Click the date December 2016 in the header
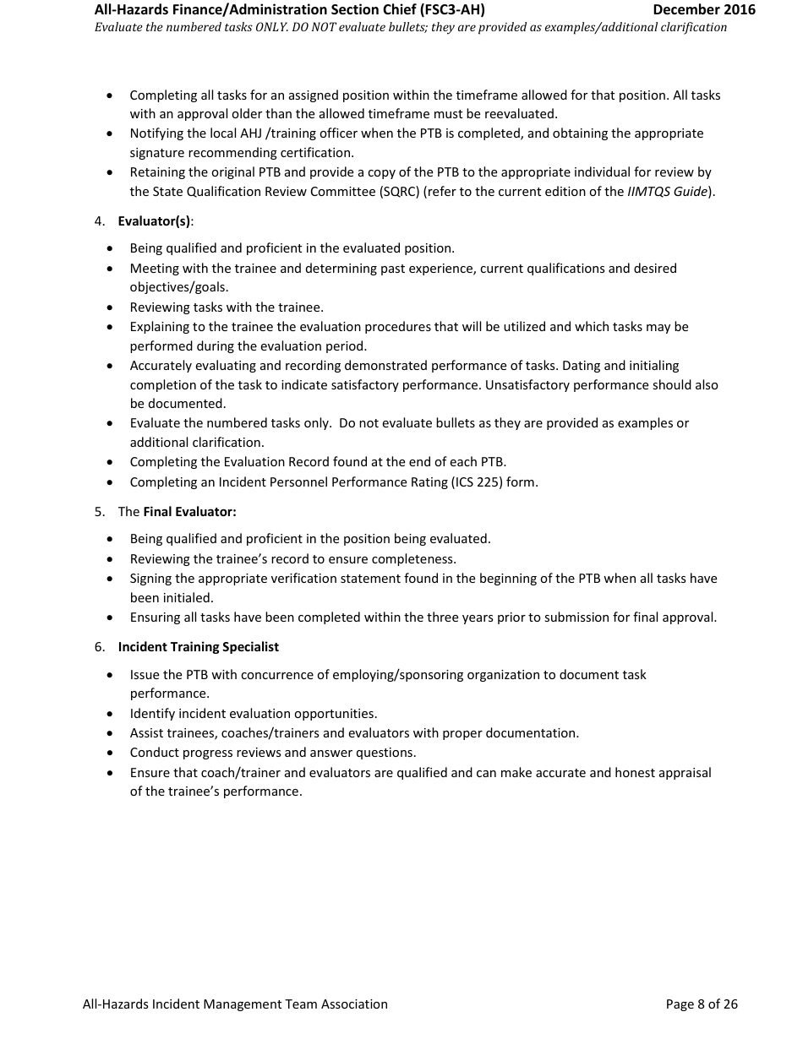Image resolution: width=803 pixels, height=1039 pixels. click(x=704, y=10)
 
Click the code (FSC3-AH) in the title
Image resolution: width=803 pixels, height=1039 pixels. click(x=452, y=10)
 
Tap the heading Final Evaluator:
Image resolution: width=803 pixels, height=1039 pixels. click(x=189, y=512)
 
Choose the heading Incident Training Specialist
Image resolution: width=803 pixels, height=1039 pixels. click(x=198, y=647)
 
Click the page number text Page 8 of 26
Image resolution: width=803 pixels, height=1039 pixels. click(x=702, y=1004)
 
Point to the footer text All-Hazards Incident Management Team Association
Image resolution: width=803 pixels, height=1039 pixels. click(x=235, y=1004)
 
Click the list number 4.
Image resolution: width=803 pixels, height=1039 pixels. click(x=99, y=221)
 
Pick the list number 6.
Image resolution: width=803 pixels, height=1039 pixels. click(x=99, y=647)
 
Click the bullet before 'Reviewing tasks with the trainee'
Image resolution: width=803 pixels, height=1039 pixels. click(x=111, y=308)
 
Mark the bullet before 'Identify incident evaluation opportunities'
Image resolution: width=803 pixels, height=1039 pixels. click(x=111, y=715)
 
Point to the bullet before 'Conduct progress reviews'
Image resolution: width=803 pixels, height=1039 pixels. click(x=111, y=753)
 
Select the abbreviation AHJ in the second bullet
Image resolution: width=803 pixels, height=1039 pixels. click(x=206, y=133)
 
